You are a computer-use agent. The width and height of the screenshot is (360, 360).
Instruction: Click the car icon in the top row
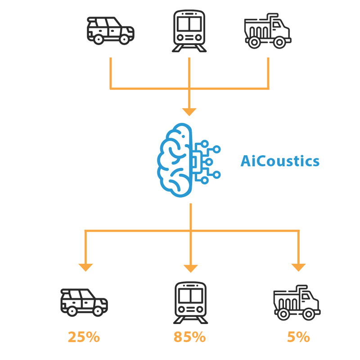click(x=110, y=31)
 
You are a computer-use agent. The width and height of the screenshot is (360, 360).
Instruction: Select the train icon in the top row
click(x=189, y=31)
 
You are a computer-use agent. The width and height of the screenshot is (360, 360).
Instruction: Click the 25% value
click(x=84, y=337)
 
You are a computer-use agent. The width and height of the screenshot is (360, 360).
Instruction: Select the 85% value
click(x=189, y=337)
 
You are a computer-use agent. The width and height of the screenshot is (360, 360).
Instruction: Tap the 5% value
click(x=298, y=337)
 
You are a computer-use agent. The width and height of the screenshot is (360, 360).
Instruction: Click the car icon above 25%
click(x=84, y=301)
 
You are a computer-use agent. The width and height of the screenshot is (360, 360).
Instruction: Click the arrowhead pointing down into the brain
click(x=189, y=111)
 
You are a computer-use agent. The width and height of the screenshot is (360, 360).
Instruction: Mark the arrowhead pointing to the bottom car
click(x=85, y=267)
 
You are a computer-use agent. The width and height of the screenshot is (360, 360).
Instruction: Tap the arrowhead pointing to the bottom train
click(x=190, y=268)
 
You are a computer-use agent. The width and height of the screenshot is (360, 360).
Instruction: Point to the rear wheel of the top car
click(x=98, y=39)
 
